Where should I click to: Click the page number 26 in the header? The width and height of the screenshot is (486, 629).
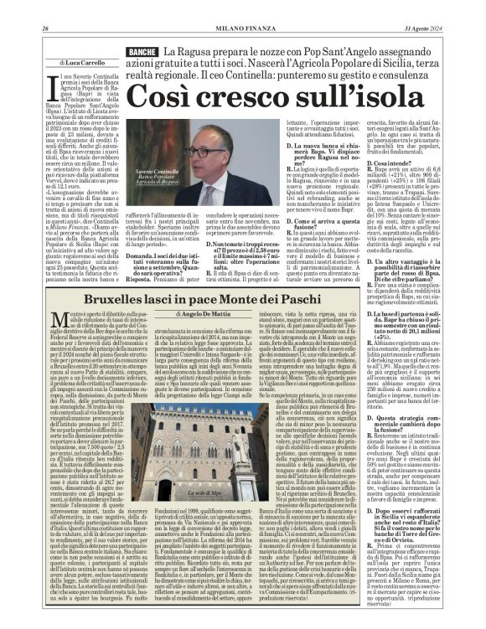pos(44,8)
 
